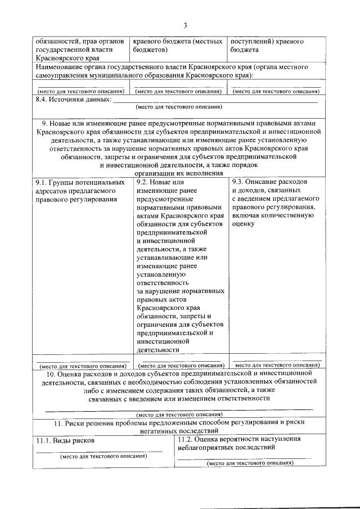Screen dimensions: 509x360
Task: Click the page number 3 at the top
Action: click(x=184, y=25)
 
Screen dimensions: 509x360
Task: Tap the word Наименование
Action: click(x=58, y=67)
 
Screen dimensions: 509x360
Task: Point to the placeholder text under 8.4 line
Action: click(x=179, y=106)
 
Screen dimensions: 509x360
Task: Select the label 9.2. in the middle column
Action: click(x=144, y=182)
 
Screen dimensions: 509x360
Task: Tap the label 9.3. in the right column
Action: click(x=240, y=182)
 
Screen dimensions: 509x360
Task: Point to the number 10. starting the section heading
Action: click(x=50, y=373)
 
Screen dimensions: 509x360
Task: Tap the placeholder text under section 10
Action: click(x=179, y=415)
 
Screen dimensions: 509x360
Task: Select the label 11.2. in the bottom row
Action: click(x=186, y=439)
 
